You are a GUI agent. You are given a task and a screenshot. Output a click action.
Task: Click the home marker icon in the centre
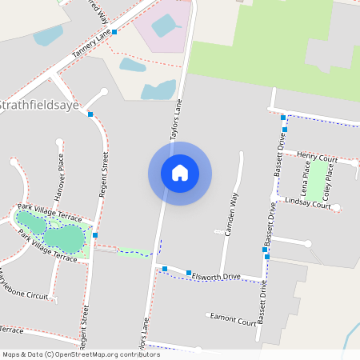click(x=180, y=173)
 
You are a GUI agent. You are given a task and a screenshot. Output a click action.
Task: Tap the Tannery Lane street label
click(x=90, y=43)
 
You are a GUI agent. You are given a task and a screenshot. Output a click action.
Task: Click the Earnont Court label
click(x=233, y=319)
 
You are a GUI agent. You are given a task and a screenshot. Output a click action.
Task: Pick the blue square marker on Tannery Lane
click(x=115, y=32)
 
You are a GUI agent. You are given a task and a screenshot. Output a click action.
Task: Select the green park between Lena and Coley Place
click(x=317, y=181)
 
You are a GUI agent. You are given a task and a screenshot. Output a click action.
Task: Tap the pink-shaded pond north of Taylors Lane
click(x=166, y=26)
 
